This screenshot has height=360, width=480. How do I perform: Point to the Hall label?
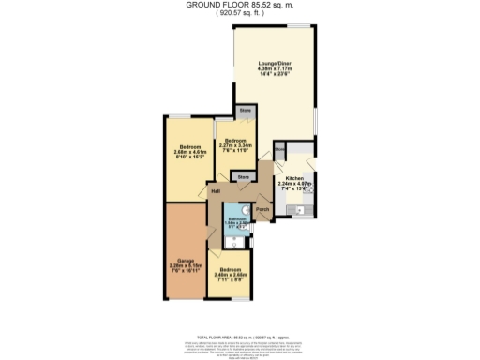click(216, 191)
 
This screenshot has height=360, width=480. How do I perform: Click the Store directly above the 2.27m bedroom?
click(246, 112)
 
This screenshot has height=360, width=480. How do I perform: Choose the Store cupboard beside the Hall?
click(243, 176)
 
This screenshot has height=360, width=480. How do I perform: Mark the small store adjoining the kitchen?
click(279, 146)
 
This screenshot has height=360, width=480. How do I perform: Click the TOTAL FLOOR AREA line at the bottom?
click(240, 335)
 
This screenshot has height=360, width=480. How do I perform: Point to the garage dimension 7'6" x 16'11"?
click(185, 271)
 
